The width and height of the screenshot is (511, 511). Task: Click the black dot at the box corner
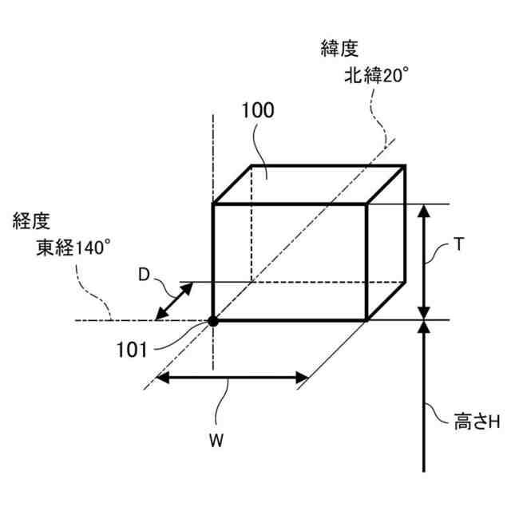coord(213,321)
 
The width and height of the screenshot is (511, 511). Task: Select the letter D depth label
coord(144,275)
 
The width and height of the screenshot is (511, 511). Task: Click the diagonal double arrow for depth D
coord(175,302)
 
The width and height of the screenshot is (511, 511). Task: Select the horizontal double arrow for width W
coord(232,378)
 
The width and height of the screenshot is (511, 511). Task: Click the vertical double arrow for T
coord(425,261)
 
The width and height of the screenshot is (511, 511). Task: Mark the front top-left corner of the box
coord(213,204)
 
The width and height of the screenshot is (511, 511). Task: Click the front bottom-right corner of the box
coord(366,320)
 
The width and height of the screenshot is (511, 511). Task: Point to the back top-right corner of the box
coord(406,166)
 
